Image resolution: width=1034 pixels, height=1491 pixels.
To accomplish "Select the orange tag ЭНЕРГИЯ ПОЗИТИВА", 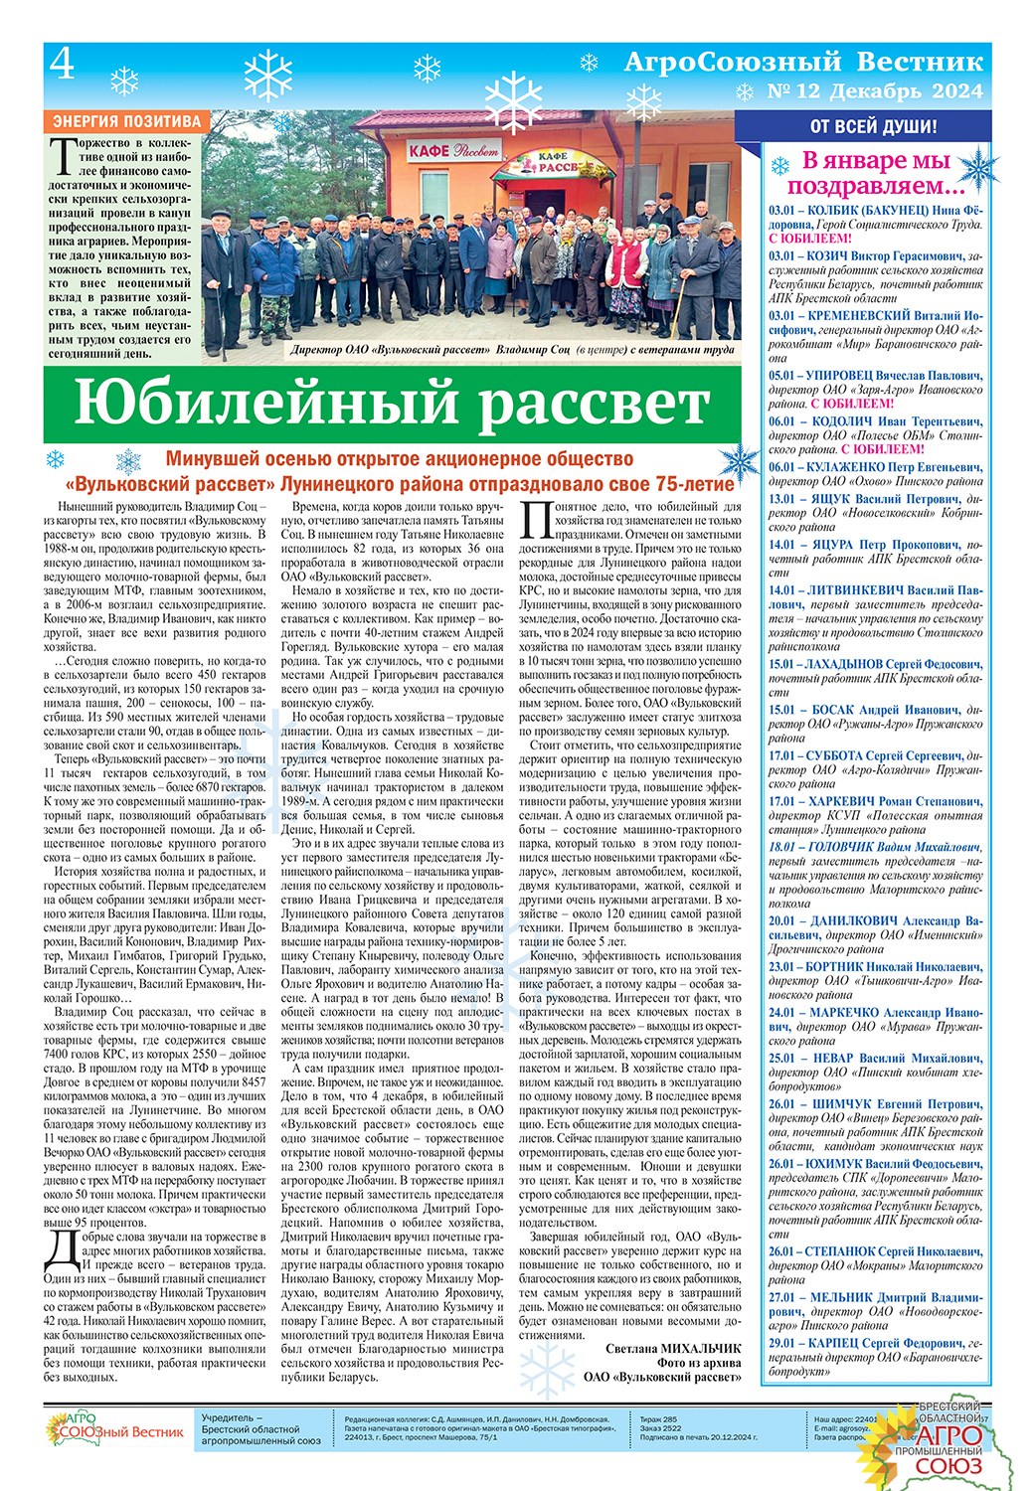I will click(x=126, y=121).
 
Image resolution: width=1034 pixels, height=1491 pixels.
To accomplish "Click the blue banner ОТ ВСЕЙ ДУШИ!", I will click(x=872, y=126).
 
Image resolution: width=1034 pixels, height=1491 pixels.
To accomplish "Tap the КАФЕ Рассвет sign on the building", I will click(x=453, y=151).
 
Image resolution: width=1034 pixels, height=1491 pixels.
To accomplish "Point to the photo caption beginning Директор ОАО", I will click(x=512, y=350).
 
